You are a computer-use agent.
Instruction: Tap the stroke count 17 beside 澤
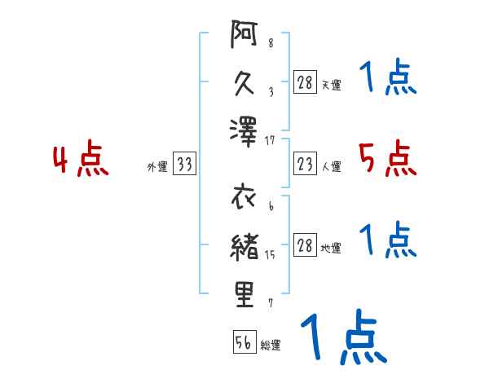271,141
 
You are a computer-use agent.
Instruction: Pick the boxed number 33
184,165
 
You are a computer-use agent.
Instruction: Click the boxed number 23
306,165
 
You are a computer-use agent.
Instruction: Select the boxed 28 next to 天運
306,83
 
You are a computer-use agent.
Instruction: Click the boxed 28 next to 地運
306,246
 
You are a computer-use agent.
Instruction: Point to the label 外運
156,167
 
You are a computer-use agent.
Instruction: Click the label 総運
271,346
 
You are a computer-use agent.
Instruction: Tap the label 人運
332,167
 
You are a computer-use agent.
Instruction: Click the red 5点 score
388,158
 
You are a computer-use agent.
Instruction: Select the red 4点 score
81,160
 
